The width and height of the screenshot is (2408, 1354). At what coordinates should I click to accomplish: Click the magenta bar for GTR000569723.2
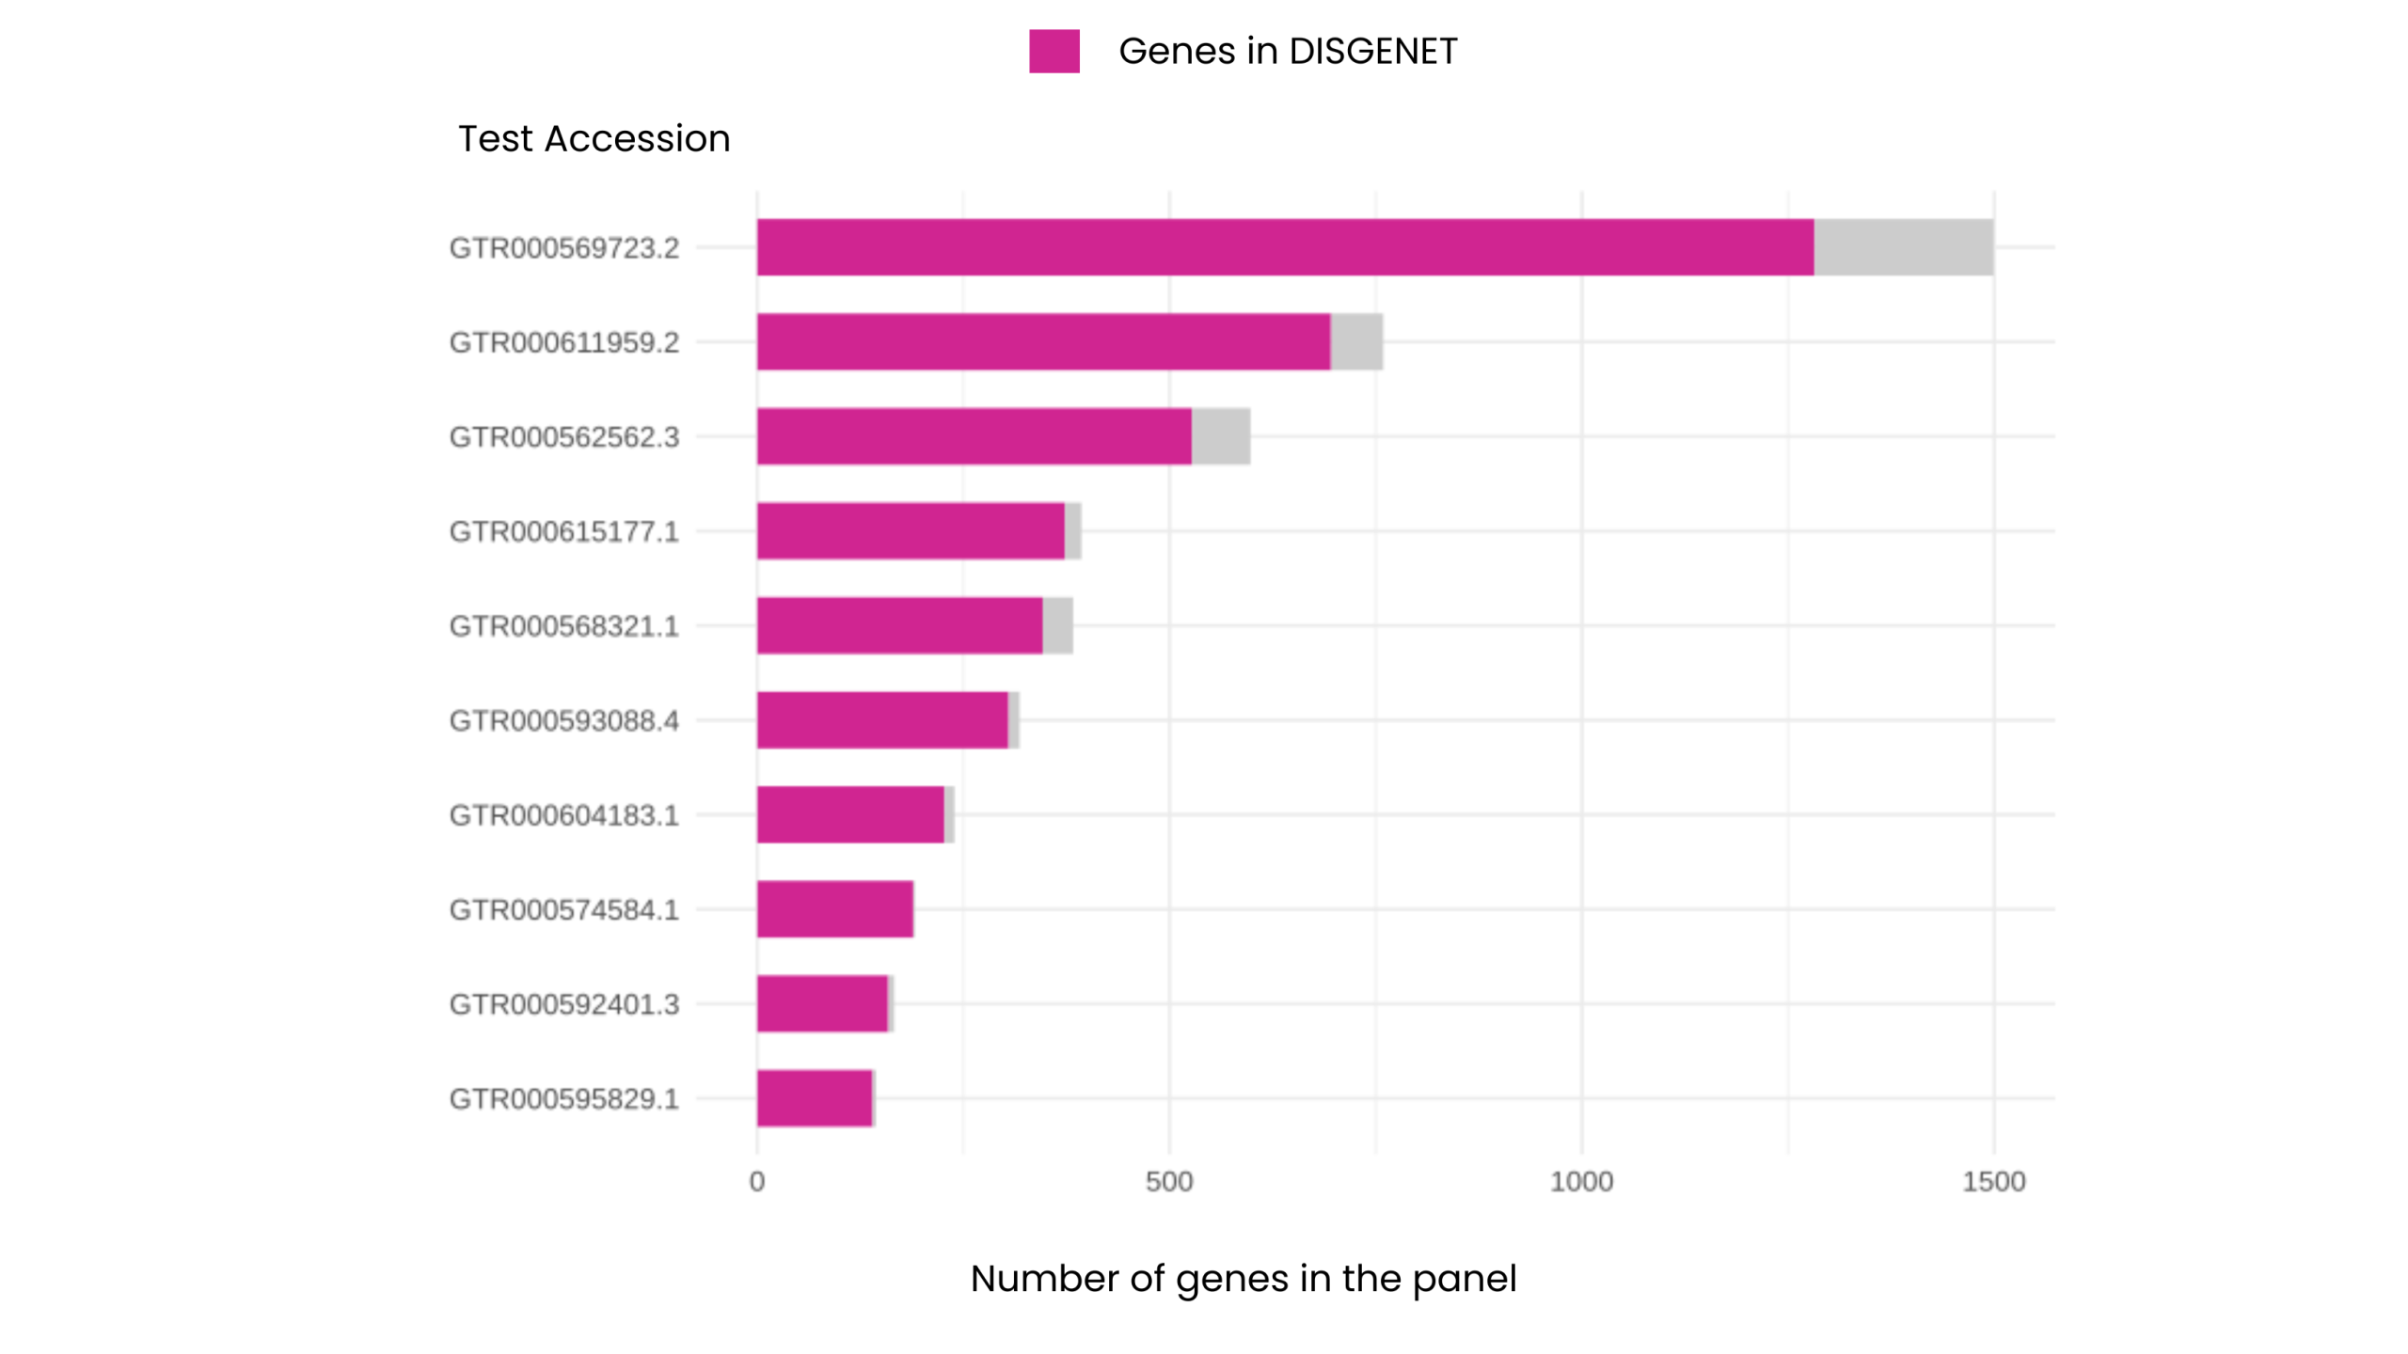tap(1284, 247)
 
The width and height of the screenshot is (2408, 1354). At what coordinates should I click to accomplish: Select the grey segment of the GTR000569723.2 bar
tap(1902, 247)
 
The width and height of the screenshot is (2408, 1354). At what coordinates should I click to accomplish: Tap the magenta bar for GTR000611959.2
tap(1043, 342)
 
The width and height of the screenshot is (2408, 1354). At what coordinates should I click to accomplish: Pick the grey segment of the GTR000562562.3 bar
tap(1220, 436)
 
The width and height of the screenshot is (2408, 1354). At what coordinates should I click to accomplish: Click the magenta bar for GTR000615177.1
tap(910, 531)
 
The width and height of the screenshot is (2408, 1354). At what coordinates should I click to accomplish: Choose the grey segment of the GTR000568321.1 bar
tap(1057, 625)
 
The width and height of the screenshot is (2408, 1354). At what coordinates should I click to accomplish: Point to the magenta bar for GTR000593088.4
tap(881, 720)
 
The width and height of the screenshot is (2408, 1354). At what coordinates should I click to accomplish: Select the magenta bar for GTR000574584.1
tap(834, 909)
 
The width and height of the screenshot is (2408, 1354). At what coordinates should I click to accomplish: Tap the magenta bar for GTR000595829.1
tap(814, 1098)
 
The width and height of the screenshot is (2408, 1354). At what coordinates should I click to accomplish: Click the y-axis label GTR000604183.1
tap(563, 815)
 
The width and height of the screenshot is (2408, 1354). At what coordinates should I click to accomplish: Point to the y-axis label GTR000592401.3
tap(563, 1004)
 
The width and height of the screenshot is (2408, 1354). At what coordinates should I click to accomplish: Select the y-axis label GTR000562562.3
tap(563, 437)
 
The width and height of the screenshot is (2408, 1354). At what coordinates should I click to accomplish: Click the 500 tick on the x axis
tap(1168, 1182)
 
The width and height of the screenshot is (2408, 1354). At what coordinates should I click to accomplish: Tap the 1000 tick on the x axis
tap(1580, 1182)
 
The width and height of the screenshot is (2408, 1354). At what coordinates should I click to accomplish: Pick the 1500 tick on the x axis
tap(1992, 1182)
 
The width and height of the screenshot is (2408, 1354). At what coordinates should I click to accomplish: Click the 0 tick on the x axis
tap(756, 1182)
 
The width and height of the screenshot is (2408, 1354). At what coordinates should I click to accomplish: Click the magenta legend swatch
tap(1053, 51)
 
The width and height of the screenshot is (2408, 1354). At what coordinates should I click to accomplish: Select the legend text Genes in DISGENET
tap(1287, 51)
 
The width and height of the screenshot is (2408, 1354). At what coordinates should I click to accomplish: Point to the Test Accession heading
tap(594, 139)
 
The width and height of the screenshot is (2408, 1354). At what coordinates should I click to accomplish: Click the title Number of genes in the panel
tap(1243, 1279)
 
